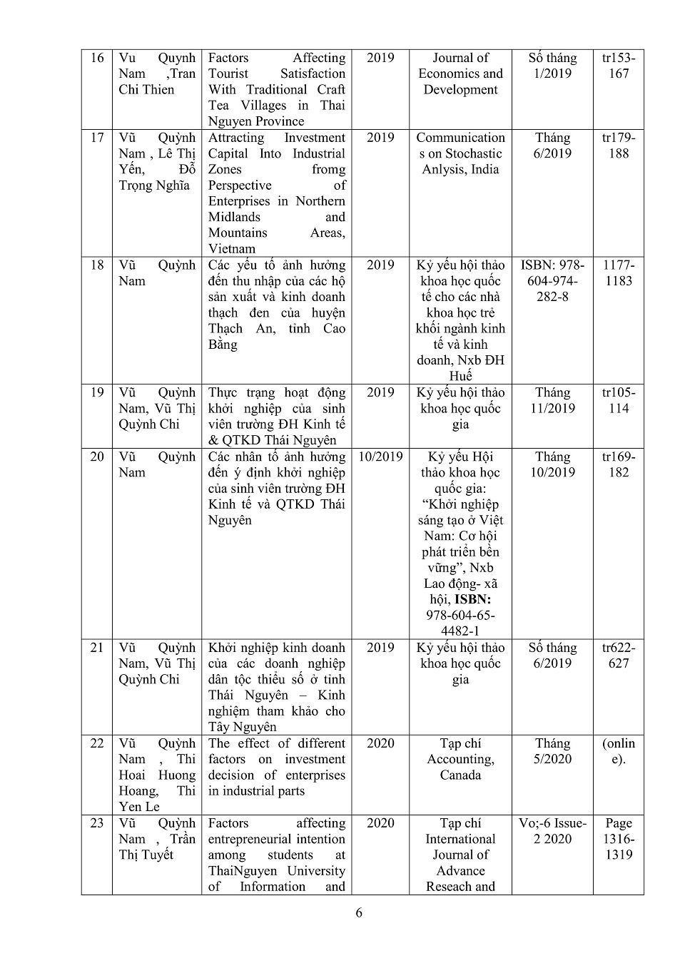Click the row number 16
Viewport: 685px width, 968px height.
(x=97, y=58)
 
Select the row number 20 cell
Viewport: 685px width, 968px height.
(x=97, y=457)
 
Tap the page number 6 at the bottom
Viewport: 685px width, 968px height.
(x=359, y=913)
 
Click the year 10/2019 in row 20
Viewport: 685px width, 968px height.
(x=380, y=457)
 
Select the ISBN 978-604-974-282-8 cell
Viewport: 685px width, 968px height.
(x=552, y=280)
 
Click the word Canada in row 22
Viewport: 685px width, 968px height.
(x=460, y=775)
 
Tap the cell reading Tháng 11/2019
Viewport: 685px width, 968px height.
(x=552, y=400)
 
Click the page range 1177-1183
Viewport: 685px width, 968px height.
(x=618, y=272)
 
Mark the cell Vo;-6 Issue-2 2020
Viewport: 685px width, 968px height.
(x=552, y=831)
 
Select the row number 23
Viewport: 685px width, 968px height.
(x=97, y=823)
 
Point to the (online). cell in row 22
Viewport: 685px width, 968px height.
(x=618, y=751)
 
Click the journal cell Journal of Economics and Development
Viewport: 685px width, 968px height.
(x=460, y=74)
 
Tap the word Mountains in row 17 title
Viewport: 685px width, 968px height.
(x=238, y=233)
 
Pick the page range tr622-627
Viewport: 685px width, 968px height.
(x=618, y=656)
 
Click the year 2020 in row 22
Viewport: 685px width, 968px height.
(x=380, y=744)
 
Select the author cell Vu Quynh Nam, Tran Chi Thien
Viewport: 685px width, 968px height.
(x=156, y=74)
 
